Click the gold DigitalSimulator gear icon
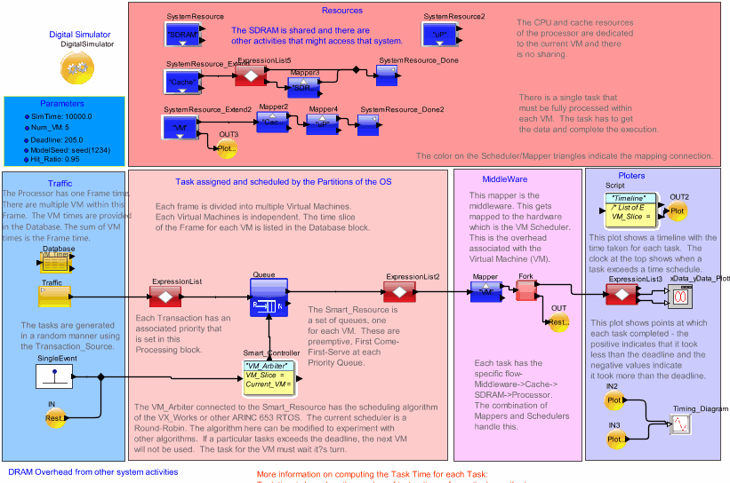tap(74, 68)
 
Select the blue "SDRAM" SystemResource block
tap(182, 35)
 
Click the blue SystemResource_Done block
tap(387, 77)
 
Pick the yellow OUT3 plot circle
tap(228, 148)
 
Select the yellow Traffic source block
tap(54, 296)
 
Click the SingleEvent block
tap(54, 376)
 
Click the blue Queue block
tap(268, 297)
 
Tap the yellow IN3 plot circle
tap(614, 438)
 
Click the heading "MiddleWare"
tap(500, 178)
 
